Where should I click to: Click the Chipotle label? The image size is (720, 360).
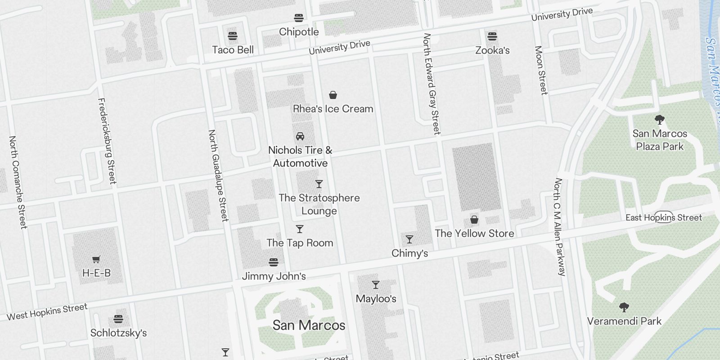click(x=299, y=32)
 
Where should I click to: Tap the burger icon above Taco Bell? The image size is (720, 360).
click(x=233, y=36)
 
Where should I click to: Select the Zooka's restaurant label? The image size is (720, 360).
click(x=492, y=50)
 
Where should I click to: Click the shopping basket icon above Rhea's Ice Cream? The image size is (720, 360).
click(x=333, y=95)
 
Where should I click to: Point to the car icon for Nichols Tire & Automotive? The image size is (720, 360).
click(x=300, y=136)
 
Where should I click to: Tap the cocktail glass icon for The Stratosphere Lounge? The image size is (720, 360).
click(x=319, y=184)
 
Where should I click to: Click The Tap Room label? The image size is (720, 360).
click(x=300, y=243)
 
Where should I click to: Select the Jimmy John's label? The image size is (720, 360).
click(x=274, y=276)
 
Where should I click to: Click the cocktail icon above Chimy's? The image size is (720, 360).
click(x=409, y=239)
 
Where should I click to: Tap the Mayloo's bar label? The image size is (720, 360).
click(x=376, y=299)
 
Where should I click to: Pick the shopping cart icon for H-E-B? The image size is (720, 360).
click(x=96, y=259)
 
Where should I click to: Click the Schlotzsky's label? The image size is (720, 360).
click(x=118, y=333)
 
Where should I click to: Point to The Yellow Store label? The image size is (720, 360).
click(x=474, y=234)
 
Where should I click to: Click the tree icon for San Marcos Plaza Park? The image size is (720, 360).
click(x=660, y=120)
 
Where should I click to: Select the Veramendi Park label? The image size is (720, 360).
click(x=624, y=321)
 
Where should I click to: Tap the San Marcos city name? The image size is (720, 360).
click(x=309, y=325)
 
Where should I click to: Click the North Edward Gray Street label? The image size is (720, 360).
click(x=431, y=84)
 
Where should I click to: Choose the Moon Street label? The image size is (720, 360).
click(x=541, y=70)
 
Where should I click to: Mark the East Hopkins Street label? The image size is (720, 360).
click(x=663, y=218)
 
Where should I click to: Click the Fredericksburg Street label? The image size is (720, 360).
click(x=107, y=141)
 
